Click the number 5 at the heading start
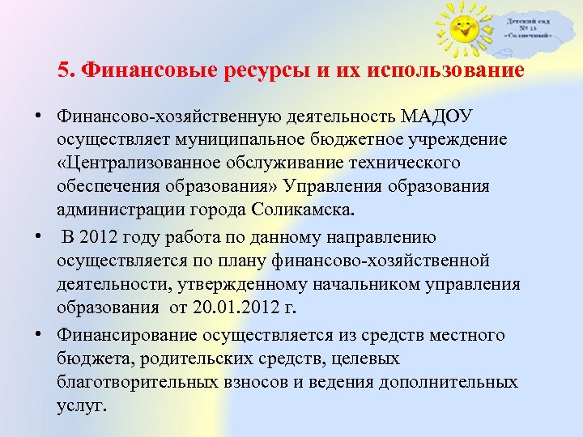(x=64, y=70)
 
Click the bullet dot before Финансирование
(x=39, y=333)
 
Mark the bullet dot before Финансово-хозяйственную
(x=39, y=116)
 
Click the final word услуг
(x=81, y=404)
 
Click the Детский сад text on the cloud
(x=529, y=18)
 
